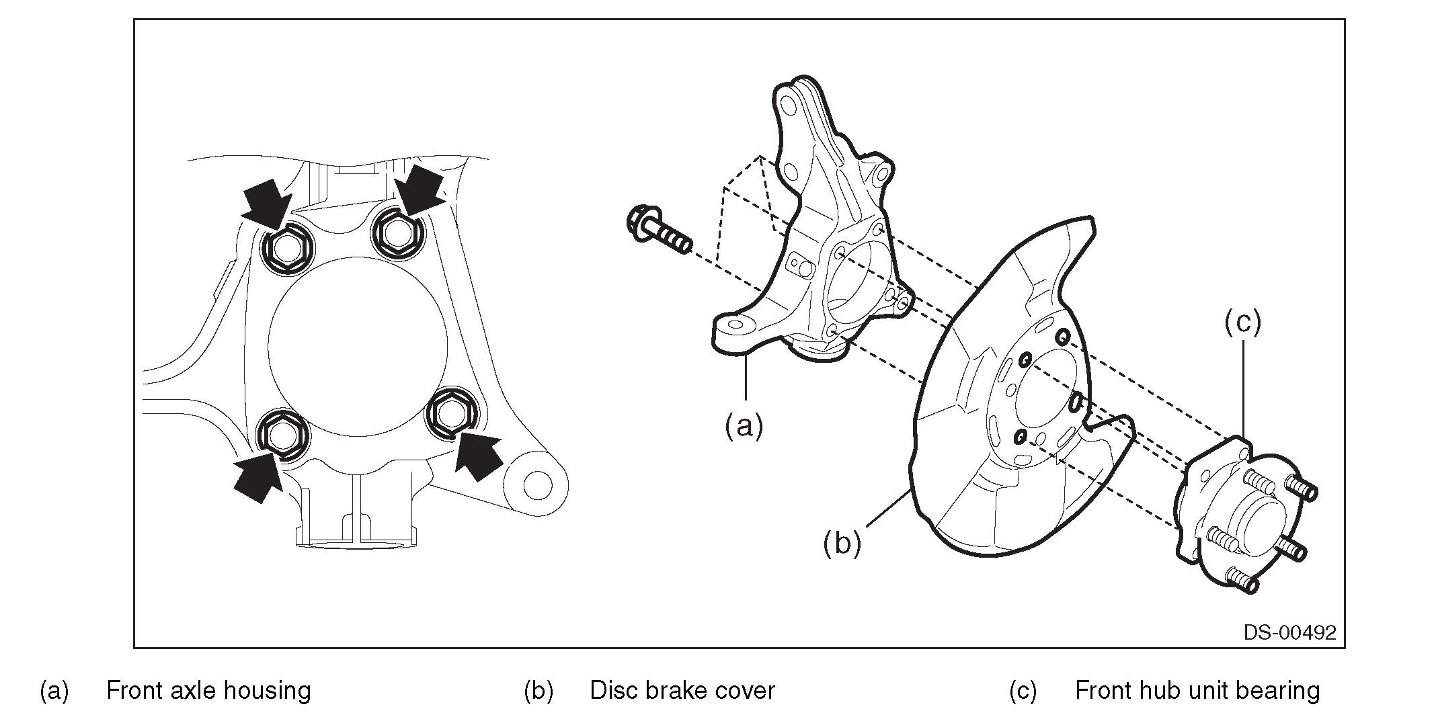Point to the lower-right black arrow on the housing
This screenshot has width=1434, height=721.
(x=478, y=455)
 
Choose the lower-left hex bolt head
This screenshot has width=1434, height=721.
(x=284, y=435)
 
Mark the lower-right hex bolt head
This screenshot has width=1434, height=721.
(x=453, y=415)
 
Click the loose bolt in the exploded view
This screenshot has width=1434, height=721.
(x=659, y=230)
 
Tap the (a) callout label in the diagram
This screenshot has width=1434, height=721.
(x=744, y=425)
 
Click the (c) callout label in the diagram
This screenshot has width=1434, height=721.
(x=1242, y=323)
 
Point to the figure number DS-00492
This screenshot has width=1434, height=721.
(x=1289, y=632)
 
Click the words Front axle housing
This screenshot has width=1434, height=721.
(x=208, y=690)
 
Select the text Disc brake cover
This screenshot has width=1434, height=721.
(x=682, y=690)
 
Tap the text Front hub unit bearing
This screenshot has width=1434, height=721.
(x=1197, y=690)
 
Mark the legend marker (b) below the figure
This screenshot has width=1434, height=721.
(x=539, y=691)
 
